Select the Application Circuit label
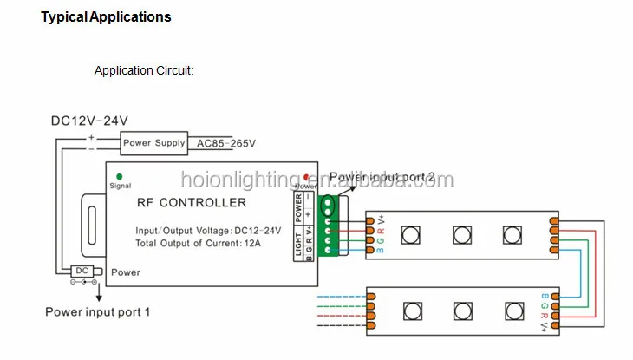click(144, 71)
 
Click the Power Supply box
click(153, 142)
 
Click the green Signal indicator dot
click(119, 176)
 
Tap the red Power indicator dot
click(306, 177)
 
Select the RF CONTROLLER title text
click(192, 203)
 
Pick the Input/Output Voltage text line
click(208, 231)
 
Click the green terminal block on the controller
click(329, 228)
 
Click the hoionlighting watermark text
click(316, 180)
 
